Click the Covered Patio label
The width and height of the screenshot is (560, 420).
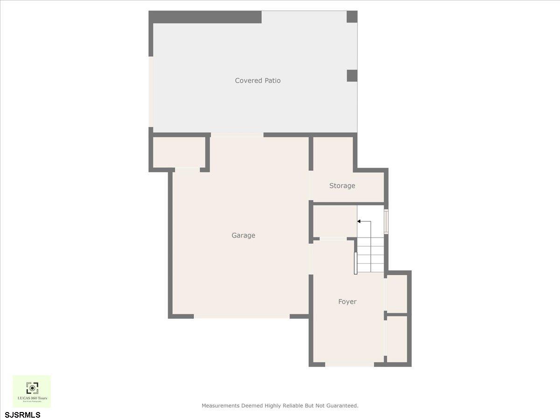coord(258,81)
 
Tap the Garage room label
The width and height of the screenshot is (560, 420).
coord(243,236)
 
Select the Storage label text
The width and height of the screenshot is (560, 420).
coord(342,186)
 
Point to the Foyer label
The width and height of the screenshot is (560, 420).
coord(347,302)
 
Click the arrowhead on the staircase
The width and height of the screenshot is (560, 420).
coord(359,221)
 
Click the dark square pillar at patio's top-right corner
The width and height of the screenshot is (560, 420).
coord(352,17)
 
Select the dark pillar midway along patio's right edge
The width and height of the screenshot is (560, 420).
coord(352,76)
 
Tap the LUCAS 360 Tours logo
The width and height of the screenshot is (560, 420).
coord(32,391)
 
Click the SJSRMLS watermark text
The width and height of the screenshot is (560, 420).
coord(23,414)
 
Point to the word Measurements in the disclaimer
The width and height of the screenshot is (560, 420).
coord(220,406)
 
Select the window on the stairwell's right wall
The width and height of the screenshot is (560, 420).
coord(386,222)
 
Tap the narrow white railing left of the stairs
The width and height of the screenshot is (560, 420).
coord(356,263)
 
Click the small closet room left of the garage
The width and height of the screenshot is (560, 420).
coord(179,152)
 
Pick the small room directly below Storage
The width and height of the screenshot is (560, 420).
coord(335,221)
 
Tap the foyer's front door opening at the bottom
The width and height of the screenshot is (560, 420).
coord(350,364)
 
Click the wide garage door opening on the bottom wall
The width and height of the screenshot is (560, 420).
coord(242,316)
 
